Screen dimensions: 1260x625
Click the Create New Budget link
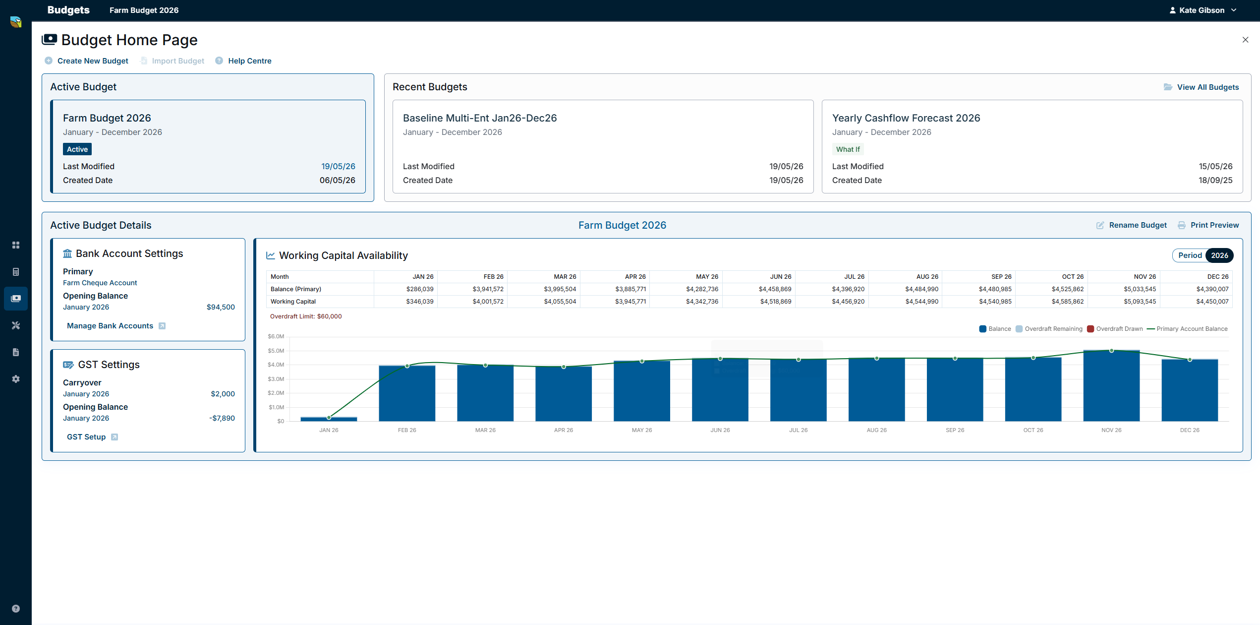click(x=93, y=61)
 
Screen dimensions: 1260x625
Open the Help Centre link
click(x=249, y=61)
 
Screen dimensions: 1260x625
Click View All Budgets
click(x=1207, y=87)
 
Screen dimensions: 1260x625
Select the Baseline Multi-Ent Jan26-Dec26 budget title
click(x=480, y=118)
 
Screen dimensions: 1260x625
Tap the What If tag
click(x=848, y=149)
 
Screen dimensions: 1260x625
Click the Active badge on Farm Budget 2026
click(x=77, y=149)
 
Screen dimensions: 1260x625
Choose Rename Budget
click(x=1138, y=225)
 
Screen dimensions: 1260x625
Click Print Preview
click(x=1214, y=225)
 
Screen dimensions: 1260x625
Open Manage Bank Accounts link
click(x=110, y=326)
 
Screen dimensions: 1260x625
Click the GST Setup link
click(x=86, y=437)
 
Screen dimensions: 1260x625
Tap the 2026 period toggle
click(x=1219, y=255)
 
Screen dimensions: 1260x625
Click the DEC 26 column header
click(x=1218, y=277)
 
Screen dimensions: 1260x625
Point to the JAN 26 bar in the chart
click(x=329, y=419)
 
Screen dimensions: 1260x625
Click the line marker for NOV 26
click(x=1111, y=351)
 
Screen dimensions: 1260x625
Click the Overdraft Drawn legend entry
click(x=1115, y=329)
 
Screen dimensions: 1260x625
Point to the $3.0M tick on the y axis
click(x=276, y=379)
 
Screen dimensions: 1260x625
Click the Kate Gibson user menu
click(x=1203, y=10)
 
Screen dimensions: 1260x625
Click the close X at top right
click(x=1245, y=40)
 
